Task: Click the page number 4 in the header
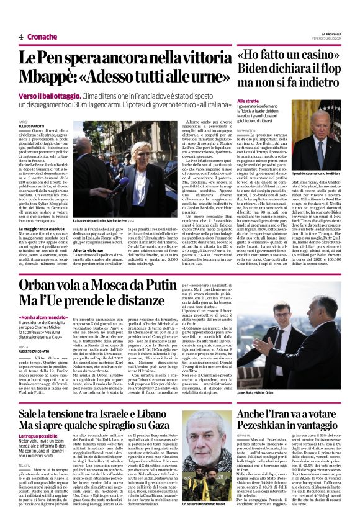point(21,37)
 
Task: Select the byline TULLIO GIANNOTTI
point(33,126)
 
